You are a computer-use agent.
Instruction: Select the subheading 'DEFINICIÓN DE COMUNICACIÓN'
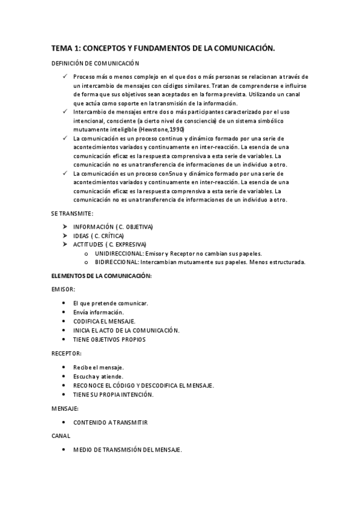pos(94,63)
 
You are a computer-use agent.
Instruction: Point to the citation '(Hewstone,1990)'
pos(161,129)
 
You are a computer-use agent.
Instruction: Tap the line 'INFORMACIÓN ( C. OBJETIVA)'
pos(113,227)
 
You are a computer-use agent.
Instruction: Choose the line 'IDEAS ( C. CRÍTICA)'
pos(98,236)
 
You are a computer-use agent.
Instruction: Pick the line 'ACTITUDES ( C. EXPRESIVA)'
pos(109,245)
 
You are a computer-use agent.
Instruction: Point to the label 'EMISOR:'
pos(63,289)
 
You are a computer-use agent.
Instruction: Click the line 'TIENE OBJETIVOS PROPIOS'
pos(109,339)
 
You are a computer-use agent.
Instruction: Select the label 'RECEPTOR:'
pos(67,354)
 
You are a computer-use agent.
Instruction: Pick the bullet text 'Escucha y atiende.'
pos(96,376)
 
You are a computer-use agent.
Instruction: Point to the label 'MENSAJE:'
pos(66,408)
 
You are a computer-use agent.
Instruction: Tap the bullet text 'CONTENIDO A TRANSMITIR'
pos(110,422)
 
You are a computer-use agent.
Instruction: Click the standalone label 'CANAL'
pos(61,435)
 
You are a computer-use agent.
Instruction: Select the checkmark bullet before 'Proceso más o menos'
pos(65,77)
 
